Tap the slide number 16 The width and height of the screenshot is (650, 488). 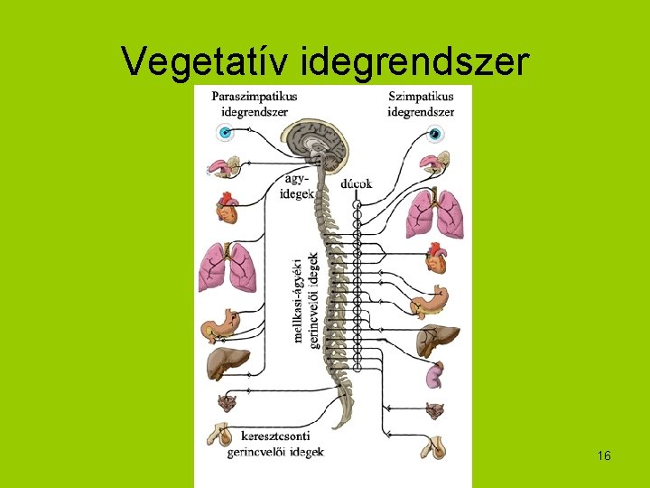pyautogui.click(x=604, y=456)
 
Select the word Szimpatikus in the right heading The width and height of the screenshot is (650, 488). pyautogui.click(x=422, y=96)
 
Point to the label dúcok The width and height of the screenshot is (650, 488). pyautogui.click(x=357, y=183)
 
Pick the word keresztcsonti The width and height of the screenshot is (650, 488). pyautogui.click(x=268, y=436)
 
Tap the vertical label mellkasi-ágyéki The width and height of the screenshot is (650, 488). pyautogui.click(x=298, y=299)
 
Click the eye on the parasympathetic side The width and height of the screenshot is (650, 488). pyautogui.click(x=225, y=133)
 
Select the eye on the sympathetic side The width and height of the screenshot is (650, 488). pyautogui.click(x=435, y=135)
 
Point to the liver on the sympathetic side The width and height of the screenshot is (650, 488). pyautogui.click(x=437, y=339)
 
